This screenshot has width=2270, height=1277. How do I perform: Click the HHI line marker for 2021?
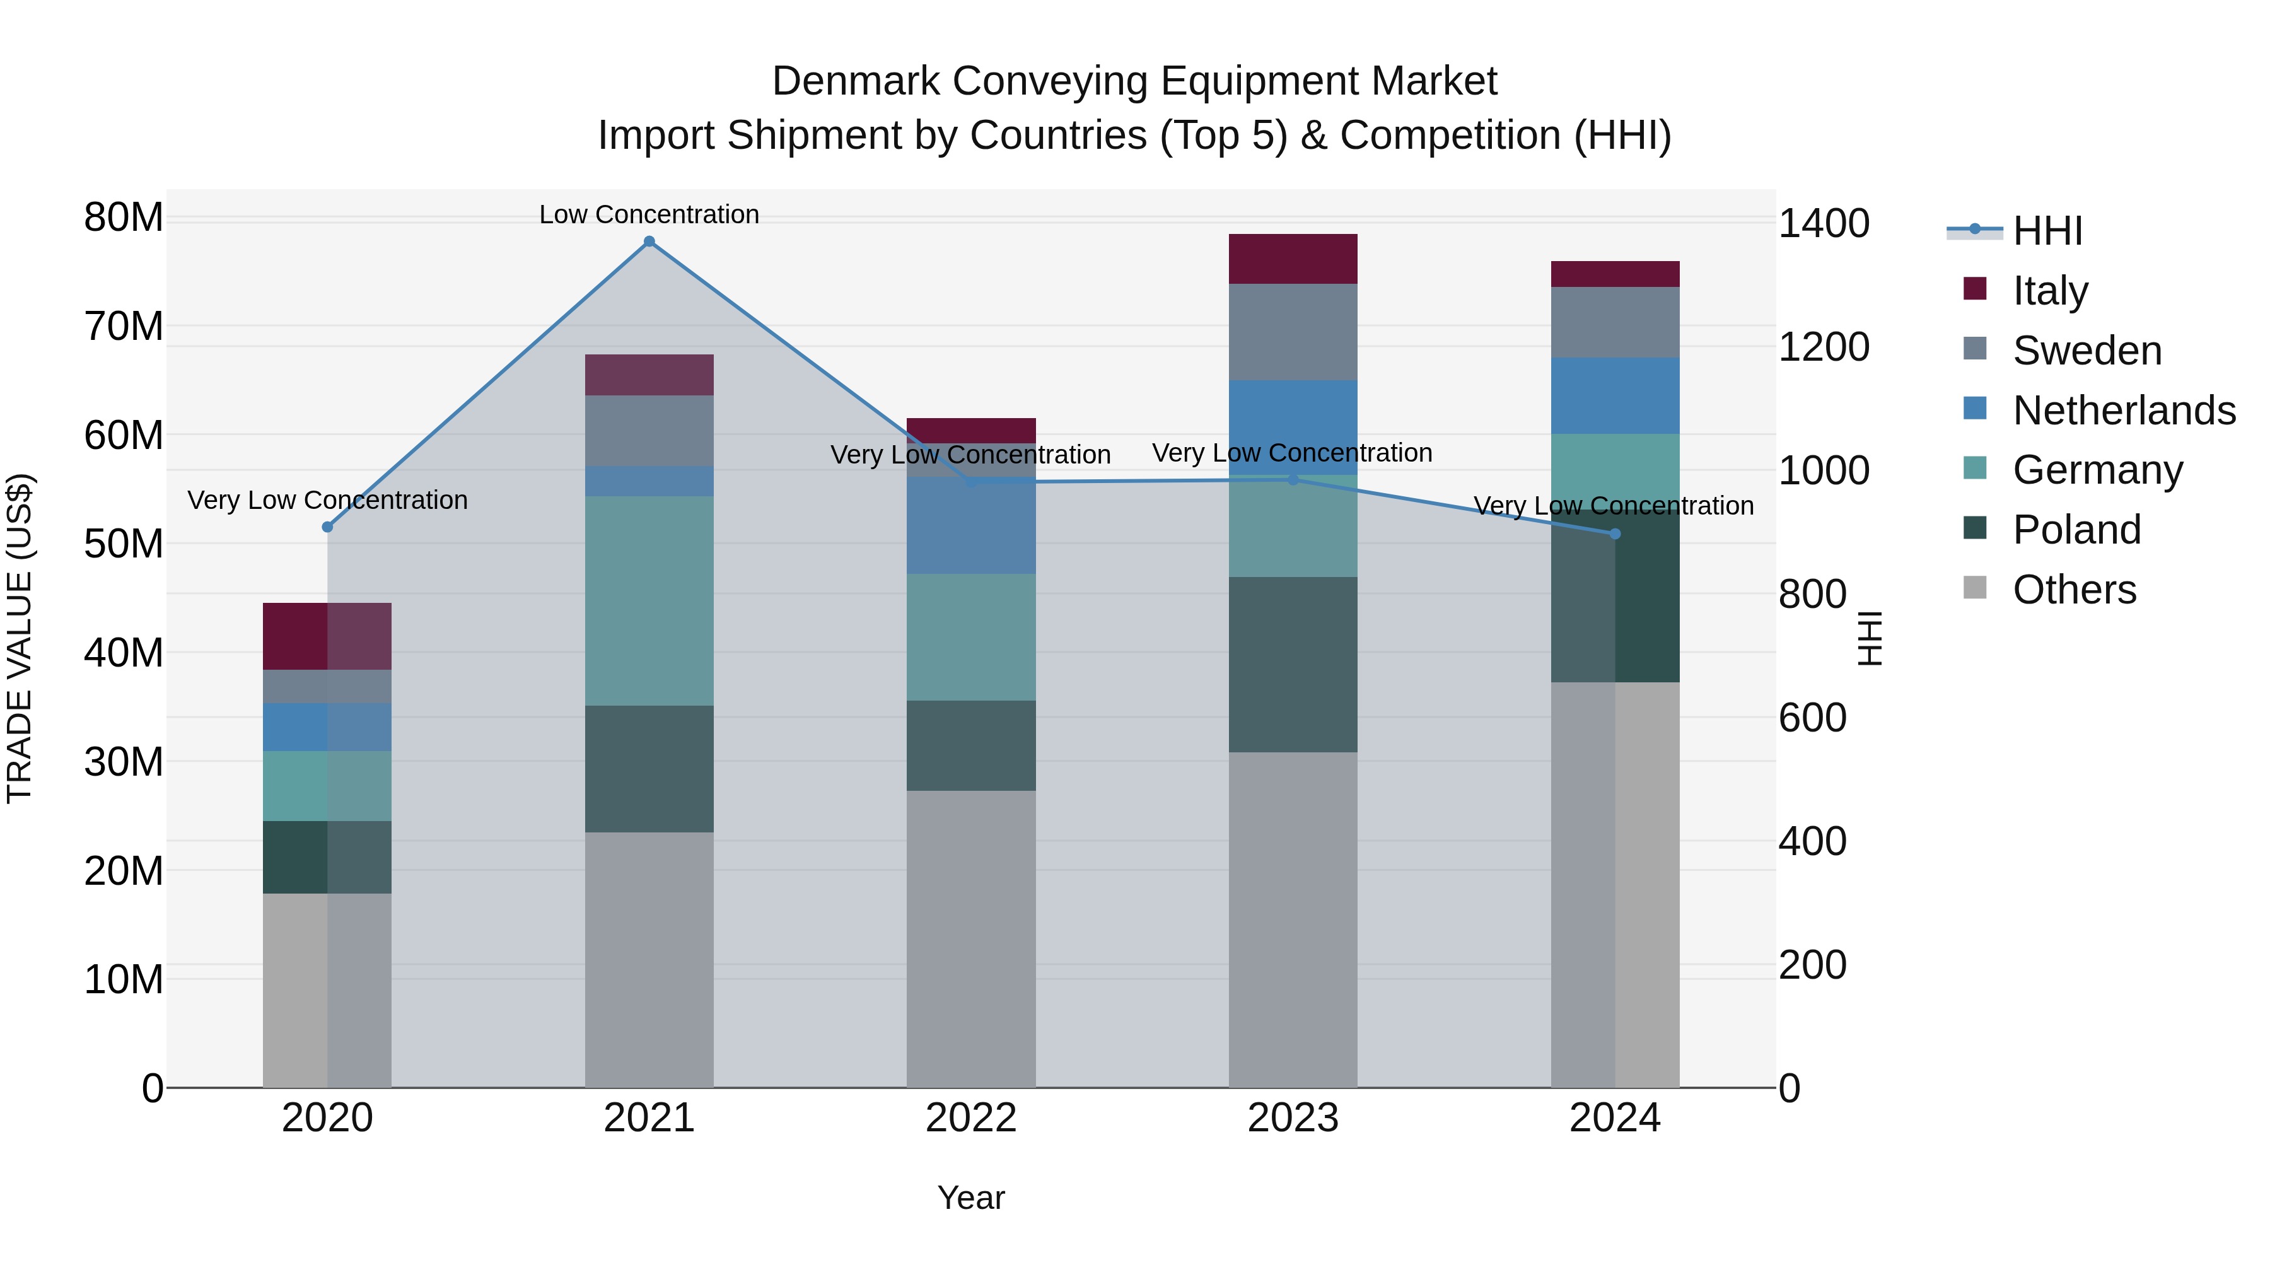click(x=649, y=242)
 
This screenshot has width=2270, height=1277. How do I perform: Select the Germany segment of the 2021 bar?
click(x=649, y=600)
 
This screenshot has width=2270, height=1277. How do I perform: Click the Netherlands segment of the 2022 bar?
click(x=971, y=525)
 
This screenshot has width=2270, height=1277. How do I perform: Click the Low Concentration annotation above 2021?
click(x=649, y=214)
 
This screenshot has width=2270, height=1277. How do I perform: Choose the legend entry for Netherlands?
click(x=2124, y=411)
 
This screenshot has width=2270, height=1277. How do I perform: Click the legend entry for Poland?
click(x=2076, y=530)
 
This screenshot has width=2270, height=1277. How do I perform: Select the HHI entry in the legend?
click(x=2047, y=231)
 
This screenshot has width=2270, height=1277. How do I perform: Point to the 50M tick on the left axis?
click(x=124, y=544)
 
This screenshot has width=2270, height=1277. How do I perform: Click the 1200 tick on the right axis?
click(x=1822, y=347)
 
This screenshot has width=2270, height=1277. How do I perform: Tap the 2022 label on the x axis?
click(x=971, y=1118)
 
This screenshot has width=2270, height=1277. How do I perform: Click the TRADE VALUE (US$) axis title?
click(x=20, y=638)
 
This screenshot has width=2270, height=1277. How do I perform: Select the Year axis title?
click(x=971, y=1198)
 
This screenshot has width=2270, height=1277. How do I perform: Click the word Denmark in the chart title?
click(x=856, y=81)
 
